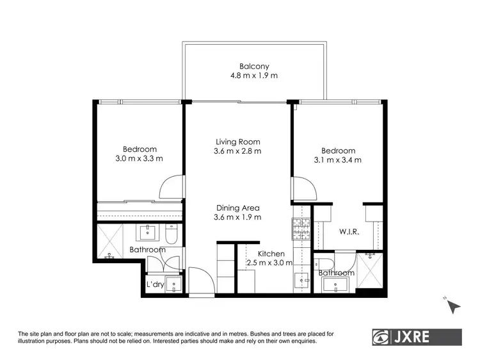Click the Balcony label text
254,66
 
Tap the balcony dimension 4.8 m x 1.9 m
254,76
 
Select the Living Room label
237,142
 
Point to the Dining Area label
237,208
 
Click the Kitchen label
271,254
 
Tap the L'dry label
156,284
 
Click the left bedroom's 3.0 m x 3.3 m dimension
139,159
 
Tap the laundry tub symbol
173,284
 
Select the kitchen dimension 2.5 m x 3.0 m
269,263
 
